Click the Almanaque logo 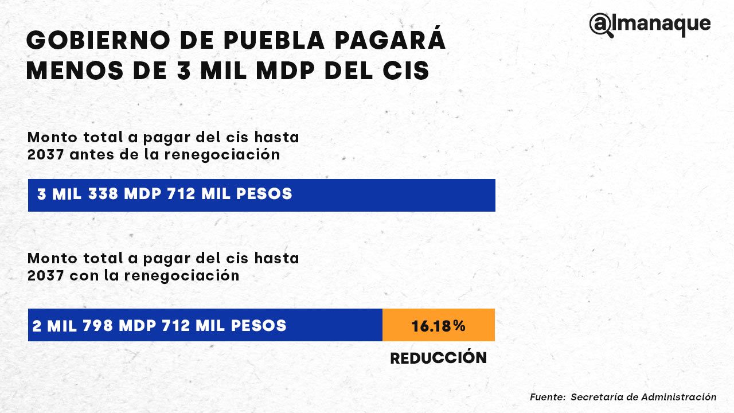650,25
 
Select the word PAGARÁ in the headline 396,41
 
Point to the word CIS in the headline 406,71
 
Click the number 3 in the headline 177,71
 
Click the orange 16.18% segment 438,326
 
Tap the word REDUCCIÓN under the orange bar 438,358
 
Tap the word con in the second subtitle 82,275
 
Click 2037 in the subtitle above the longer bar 45,155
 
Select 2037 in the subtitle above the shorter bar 45,275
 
